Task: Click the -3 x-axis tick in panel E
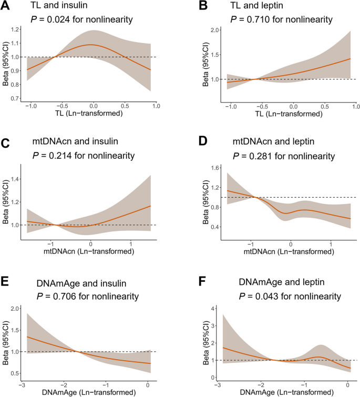20,386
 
